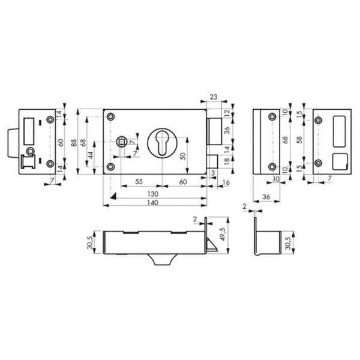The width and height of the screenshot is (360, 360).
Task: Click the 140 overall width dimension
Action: [152, 203]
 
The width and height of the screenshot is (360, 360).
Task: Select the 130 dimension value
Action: [152, 194]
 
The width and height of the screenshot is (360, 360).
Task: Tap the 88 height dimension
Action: [74, 142]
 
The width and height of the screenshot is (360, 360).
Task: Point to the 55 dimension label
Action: [139, 182]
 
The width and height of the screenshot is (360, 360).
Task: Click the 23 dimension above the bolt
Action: [213, 97]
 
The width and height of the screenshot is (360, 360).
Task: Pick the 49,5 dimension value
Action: [222, 234]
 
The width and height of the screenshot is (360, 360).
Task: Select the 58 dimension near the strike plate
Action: [299, 140]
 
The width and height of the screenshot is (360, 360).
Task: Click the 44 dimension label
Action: [91, 155]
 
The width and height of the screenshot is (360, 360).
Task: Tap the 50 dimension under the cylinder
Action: [183, 156]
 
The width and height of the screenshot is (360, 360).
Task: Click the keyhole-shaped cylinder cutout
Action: [162, 143]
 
